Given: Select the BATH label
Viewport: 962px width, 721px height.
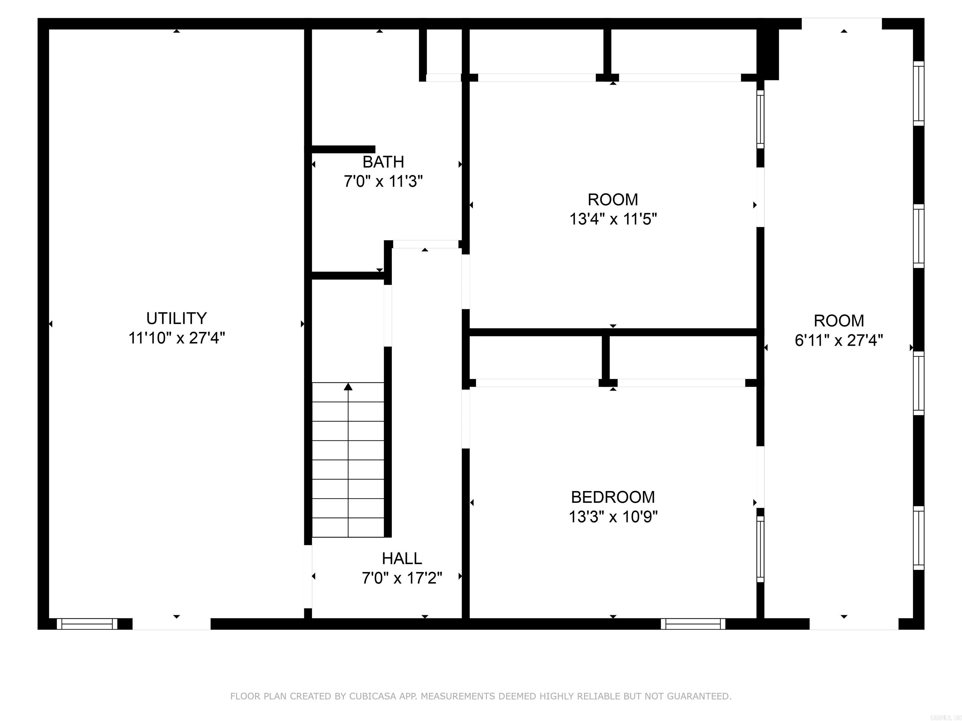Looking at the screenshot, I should point(383,162).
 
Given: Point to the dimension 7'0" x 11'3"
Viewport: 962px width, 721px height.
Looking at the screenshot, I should point(383,181).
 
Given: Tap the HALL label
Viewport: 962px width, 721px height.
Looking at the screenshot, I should point(401,559).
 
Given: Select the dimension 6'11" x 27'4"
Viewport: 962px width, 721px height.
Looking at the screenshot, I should point(839,340).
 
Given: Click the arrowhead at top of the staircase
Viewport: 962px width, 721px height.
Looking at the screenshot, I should point(348,386).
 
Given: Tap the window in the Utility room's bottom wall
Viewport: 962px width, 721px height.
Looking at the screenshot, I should point(87,624).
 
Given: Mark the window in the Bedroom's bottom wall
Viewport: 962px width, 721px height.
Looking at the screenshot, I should point(693,624).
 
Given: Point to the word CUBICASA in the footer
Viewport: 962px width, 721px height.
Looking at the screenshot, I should point(372,696).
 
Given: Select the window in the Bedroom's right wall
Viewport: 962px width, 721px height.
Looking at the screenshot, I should point(760,549).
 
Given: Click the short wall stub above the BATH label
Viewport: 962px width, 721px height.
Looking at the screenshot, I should point(343,150).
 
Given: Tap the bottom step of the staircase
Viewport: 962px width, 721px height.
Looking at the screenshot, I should point(348,528).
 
